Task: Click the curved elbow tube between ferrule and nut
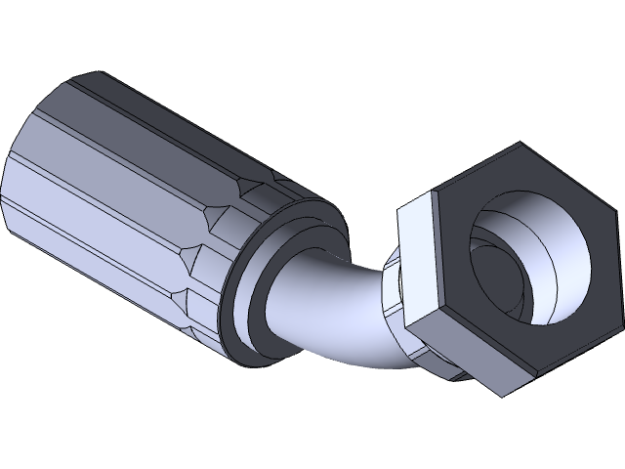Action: coord(332,313)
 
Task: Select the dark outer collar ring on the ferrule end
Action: coord(240,293)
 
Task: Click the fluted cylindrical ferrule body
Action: coord(117,186)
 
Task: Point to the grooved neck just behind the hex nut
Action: coord(396,293)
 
